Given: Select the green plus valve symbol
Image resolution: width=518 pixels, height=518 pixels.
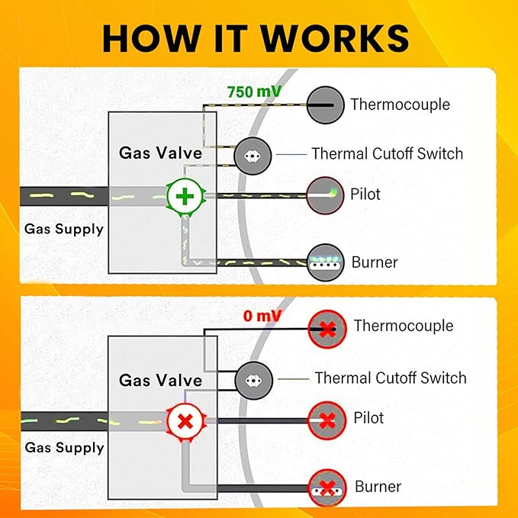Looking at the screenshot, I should pos(184,196).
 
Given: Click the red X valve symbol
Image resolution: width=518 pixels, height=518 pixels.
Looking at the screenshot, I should pos(184,420).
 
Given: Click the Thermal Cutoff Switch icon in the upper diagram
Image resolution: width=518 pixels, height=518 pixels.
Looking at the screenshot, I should pos(251,154).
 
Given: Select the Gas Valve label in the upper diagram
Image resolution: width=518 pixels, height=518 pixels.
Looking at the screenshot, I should pos(161,153).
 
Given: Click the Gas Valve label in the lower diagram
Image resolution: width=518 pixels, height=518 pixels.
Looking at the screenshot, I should pos(161,380).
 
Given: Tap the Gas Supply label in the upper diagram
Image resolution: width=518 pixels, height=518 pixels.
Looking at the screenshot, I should pos(64,228).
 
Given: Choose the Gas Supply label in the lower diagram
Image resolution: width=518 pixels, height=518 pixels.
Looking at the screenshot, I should pos(64,447).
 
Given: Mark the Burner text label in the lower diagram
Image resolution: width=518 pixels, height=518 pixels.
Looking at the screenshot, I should pos(378,487).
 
